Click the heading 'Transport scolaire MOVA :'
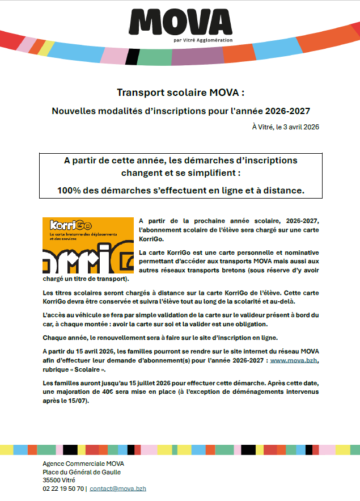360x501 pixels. (180, 92)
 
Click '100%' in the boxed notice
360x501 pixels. (69, 191)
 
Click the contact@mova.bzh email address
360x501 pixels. (118, 488)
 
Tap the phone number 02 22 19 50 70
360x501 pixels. (63, 488)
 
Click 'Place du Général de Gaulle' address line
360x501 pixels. (82, 472)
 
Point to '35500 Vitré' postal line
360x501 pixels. (59, 480)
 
